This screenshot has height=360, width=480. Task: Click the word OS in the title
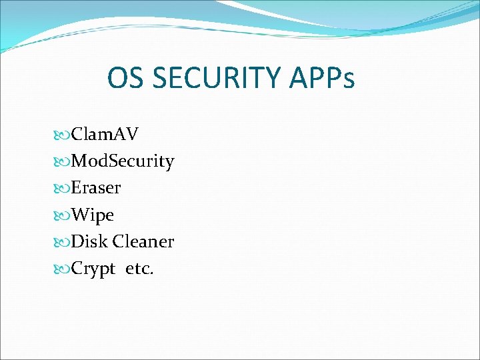point(126,79)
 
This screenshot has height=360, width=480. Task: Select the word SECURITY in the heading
point(209,79)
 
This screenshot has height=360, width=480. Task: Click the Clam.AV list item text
point(105,134)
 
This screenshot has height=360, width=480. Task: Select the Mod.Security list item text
point(123,161)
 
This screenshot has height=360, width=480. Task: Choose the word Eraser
point(96,188)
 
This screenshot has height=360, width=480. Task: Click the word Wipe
point(93,215)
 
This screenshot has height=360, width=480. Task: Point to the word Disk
point(89,241)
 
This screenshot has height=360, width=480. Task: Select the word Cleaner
point(143,241)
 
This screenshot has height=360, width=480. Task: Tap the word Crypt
point(93,269)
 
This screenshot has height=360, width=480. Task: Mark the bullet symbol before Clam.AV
point(63,135)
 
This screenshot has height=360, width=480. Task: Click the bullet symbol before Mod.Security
point(63,162)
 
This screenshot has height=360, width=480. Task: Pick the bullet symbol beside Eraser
point(63,189)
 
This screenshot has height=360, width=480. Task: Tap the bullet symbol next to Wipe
point(63,215)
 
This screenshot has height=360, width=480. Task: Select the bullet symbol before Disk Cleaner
point(63,242)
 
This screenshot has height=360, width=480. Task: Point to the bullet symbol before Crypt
point(63,269)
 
